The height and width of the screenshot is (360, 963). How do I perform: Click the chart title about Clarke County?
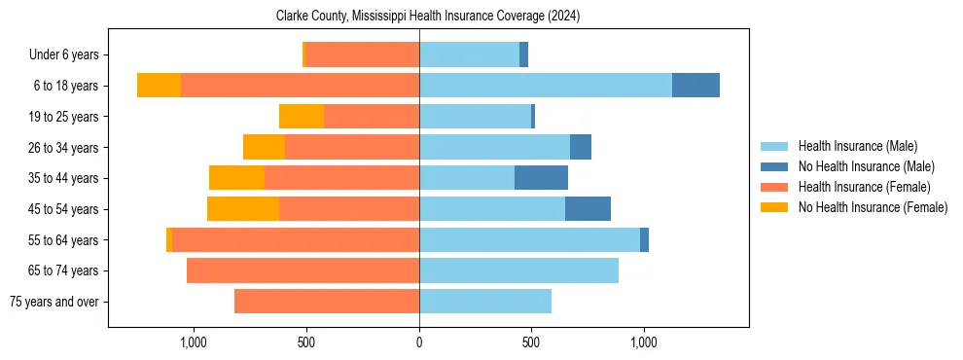click(x=428, y=16)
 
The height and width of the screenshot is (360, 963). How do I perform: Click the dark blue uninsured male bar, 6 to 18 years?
click(x=695, y=86)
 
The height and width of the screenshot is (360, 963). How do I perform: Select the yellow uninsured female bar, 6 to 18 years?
click(x=159, y=86)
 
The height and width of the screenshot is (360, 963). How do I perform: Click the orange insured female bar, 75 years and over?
click(x=327, y=302)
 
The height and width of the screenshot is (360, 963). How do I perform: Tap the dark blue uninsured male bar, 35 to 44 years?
click(x=541, y=178)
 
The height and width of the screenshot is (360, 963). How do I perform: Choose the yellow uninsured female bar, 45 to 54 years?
click(x=243, y=209)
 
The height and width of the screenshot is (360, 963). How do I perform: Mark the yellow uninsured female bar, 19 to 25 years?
click(x=302, y=117)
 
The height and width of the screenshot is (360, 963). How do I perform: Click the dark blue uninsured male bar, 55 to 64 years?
click(x=644, y=240)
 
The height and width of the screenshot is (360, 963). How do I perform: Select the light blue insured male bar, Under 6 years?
click(x=469, y=54)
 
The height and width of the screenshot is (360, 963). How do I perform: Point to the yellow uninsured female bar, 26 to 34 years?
click(x=264, y=147)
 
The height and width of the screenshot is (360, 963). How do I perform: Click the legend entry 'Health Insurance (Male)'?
click(x=857, y=146)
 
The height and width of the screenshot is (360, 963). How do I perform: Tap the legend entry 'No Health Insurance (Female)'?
click(x=873, y=207)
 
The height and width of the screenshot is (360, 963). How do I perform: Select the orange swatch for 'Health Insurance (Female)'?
click(x=774, y=187)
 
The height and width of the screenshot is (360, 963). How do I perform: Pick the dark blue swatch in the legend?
click(x=774, y=166)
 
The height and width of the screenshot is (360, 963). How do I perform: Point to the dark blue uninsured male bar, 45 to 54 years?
click(x=588, y=209)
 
